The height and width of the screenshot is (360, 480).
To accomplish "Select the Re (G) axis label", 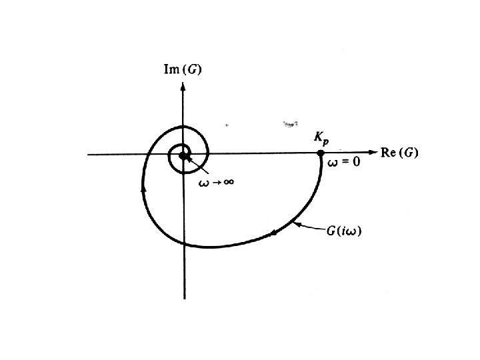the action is pos(399,153).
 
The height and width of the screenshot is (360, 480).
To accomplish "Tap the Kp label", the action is pos(321,138).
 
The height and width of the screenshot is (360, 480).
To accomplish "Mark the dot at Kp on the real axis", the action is pos(321,154).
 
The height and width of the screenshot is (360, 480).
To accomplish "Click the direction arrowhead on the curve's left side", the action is pos(143,189).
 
